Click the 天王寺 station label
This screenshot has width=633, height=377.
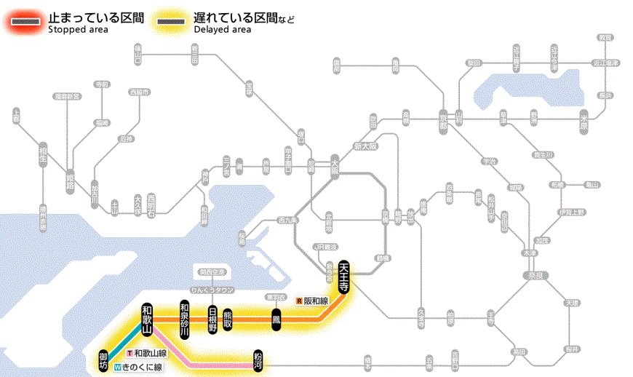coord(344,277)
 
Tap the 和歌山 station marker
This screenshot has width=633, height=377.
coord(147,320)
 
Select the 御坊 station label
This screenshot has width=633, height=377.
coord(103,358)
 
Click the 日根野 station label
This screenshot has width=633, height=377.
coord(212,320)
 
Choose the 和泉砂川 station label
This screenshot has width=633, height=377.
coord(184,320)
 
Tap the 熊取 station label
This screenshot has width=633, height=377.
coord(228,320)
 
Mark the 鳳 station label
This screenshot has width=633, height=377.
coord(276,320)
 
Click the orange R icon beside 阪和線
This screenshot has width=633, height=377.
coord(299,300)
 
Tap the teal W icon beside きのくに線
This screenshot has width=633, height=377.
coord(117,368)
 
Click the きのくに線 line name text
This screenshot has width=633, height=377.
coord(143,368)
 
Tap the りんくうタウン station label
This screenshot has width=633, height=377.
coord(210,289)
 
